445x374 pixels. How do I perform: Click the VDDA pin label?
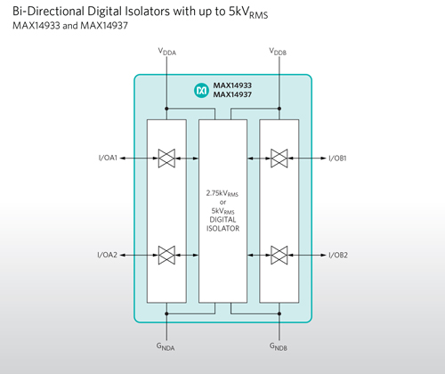[x=167, y=52]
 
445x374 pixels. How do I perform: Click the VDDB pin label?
[x=278, y=52]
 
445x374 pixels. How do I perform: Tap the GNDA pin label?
[x=166, y=346]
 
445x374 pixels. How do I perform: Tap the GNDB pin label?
[x=279, y=346]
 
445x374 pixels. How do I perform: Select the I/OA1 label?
[x=108, y=158]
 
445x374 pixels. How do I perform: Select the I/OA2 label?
[x=108, y=255]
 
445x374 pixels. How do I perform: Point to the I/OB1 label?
[x=337, y=159]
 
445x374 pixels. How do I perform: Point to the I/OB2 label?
[x=338, y=255]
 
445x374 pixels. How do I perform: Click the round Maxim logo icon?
[x=202, y=90]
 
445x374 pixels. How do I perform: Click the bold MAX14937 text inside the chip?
[x=232, y=94]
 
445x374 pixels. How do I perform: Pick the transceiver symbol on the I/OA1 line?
[x=166, y=159]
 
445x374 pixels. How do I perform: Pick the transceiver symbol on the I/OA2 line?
[x=166, y=255]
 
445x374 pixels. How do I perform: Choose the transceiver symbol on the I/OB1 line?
[x=279, y=159]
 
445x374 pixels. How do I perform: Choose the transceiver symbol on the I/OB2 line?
[x=279, y=255]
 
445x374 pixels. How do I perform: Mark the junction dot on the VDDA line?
[x=166, y=109]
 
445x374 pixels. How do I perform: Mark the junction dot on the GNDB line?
[x=279, y=313]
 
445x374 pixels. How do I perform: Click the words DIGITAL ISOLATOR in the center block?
[x=222, y=224]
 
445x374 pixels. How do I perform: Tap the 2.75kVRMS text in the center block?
[x=222, y=193]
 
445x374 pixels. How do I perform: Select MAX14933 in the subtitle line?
[x=36, y=26]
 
